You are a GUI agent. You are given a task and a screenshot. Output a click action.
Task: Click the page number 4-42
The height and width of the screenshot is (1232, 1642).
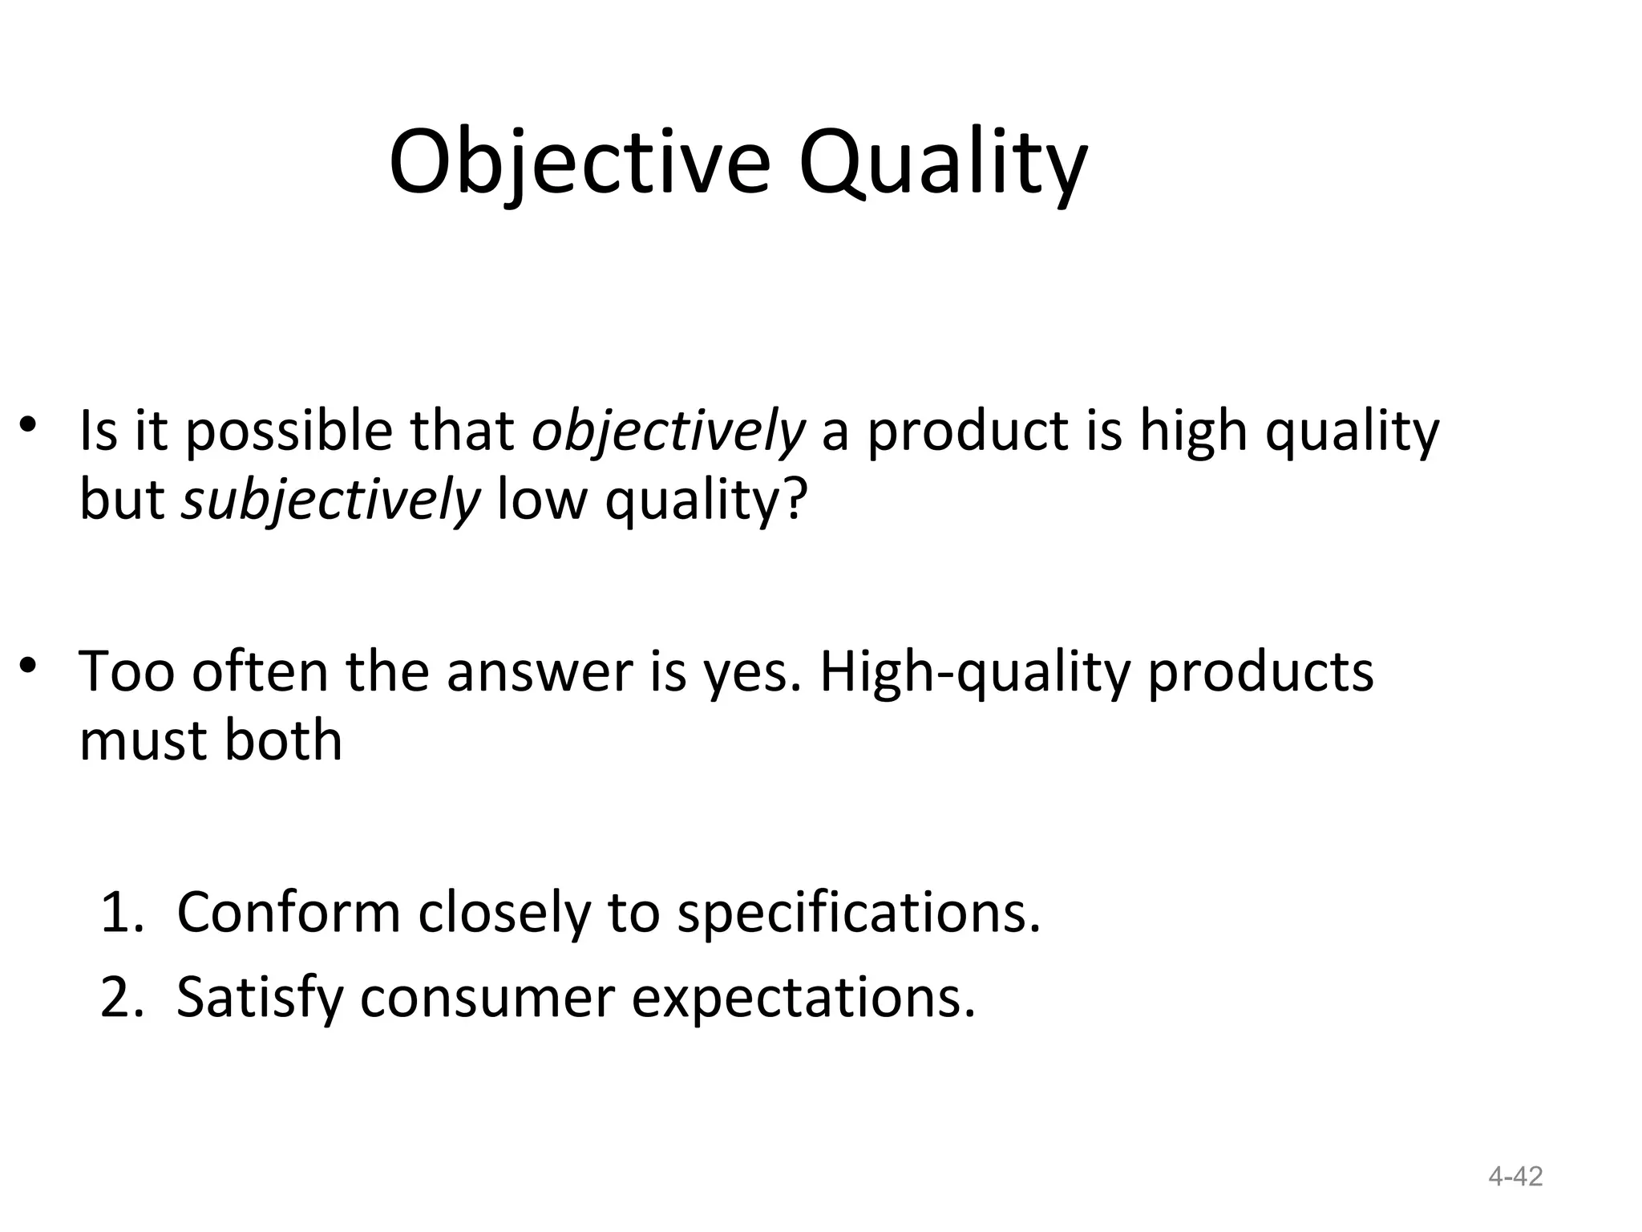click(x=1515, y=1177)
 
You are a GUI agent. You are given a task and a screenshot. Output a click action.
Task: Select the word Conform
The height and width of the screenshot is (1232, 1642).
click(x=288, y=913)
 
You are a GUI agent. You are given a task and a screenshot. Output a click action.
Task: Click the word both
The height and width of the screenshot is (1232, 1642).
click(x=283, y=740)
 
